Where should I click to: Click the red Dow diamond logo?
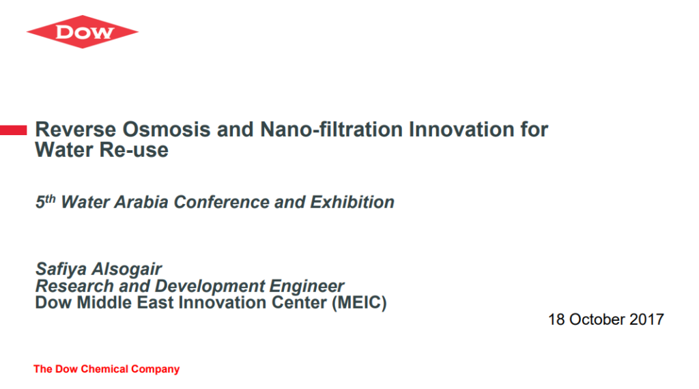[x=83, y=31]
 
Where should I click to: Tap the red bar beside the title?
[x=14, y=130]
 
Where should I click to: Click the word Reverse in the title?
[x=76, y=130]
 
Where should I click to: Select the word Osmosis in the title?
[x=167, y=130]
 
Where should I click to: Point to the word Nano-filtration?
[x=332, y=130]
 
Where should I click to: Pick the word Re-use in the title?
[x=134, y=150]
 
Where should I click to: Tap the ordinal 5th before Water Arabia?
[x=46, y=201]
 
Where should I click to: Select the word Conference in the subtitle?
[x=222, y=202]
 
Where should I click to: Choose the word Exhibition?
[x=352, y=202]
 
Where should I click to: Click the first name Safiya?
[x=61, y=269]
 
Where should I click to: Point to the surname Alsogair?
[x=126, y=269]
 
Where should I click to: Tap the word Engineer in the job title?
[x=306, y=286]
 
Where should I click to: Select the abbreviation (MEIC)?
[x=359, y=303]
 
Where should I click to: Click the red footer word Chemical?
[x=104, y=369]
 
